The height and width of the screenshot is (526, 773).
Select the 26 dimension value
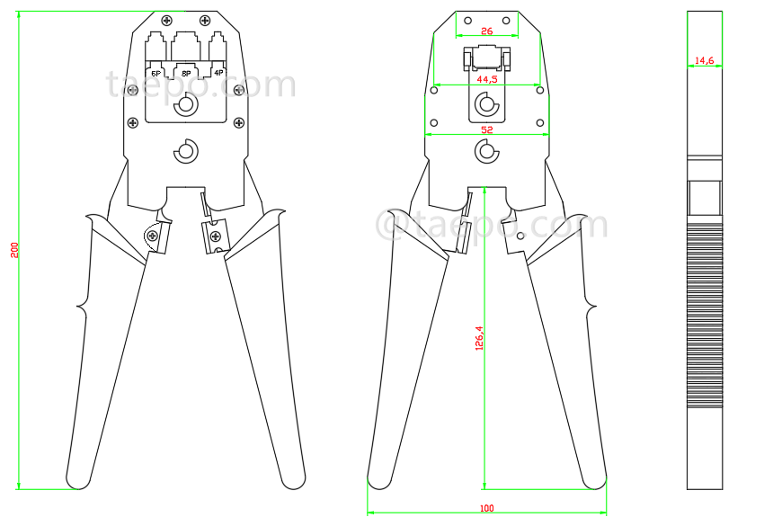click(486, 31)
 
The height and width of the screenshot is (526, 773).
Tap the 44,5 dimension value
click(486, 80)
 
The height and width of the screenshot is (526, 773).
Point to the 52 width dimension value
click(486, 129)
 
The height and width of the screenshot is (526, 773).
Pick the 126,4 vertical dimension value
click(479, 337)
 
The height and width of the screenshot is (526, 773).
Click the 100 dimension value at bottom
click(486, 509)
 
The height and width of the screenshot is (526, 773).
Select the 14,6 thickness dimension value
click(704, 61)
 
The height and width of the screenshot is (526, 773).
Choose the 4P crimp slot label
click(218, 72)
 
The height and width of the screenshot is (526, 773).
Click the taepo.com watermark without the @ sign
click(200, 85)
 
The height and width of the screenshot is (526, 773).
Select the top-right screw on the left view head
click(206, 21)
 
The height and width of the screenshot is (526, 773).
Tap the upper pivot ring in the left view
click(186, 105)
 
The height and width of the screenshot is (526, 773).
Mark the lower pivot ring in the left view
click(186, 150)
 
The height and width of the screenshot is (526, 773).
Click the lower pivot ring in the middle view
click(486, 151)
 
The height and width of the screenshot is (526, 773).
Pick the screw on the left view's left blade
click(152, 236)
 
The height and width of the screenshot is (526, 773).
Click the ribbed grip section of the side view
click(704, 315)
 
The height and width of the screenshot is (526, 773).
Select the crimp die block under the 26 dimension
click(486, 58)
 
